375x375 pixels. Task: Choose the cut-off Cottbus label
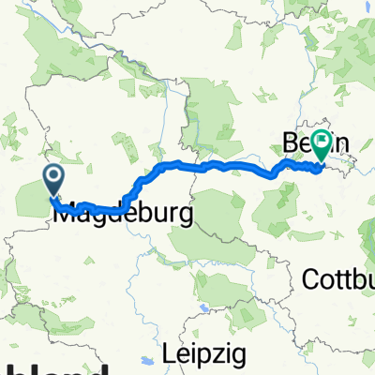click(338, 278)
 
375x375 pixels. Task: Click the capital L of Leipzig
click(168, 354)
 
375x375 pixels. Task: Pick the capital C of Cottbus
click(310, 278)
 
